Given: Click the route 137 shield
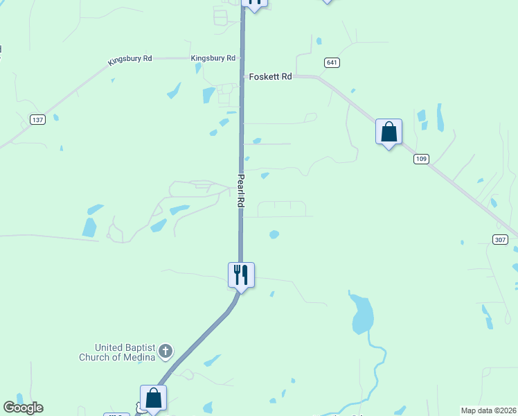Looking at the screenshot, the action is pos(38,120).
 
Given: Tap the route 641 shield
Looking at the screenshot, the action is pos(332,63).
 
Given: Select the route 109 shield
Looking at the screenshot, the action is pos(421,159).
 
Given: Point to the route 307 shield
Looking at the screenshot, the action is pos(501,239).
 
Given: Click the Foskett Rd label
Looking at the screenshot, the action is pos(270,77).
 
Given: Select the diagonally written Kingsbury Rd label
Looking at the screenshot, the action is pos(129,60).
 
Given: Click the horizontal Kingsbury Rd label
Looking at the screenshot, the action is pos(213,58).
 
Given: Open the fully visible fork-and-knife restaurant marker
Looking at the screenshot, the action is pos(241,275).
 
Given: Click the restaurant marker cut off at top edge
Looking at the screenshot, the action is pos(254,3).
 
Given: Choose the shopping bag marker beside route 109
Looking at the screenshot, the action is pos(388,132).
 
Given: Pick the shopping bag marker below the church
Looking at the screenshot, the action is pos(153,398).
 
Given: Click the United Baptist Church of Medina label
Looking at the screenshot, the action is pos(125,352).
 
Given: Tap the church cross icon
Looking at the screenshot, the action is pos(165,352).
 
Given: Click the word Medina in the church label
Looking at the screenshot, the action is pos(141,358).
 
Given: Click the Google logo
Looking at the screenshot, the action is pos(23,408).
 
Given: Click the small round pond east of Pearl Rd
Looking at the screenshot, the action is pos(274,234).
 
